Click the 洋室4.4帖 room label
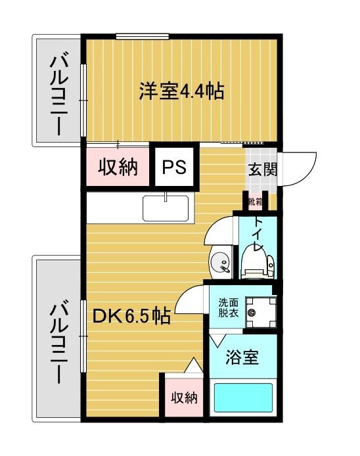(x=181, y=91)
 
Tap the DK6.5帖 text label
(x=131, y=317)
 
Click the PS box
(x=175, y=167)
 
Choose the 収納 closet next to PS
(x=118, y=167)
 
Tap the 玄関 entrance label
(x=262, y=169)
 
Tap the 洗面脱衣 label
(x=229, y=308)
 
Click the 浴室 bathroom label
(x=242, y=358)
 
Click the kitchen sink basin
(x=167, y=210)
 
